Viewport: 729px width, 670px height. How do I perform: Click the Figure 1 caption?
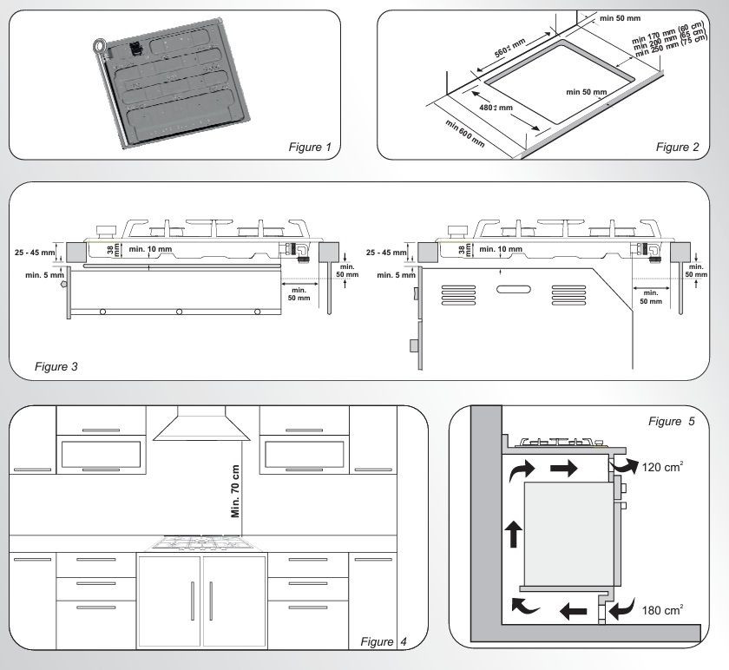[310, 147]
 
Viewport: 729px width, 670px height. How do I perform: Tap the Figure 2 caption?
[678, 147]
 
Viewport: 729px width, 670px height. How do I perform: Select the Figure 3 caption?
[56, 366]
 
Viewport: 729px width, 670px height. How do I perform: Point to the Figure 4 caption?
[384, 641]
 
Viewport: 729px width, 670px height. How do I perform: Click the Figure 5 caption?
[672, 421]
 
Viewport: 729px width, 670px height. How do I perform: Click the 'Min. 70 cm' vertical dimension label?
[235, 491]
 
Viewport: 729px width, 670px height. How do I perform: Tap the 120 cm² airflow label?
[662, 467]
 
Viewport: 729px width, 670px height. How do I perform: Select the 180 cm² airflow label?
[662, 610]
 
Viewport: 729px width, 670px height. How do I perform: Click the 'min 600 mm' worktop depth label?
[465, 134]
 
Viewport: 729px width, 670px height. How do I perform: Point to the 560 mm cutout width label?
[509, 48]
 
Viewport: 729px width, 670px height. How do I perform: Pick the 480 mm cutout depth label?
[496, 108]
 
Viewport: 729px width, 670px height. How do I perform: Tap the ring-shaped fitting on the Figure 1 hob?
[100, 46]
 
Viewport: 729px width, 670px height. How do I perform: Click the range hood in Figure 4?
[201, 424]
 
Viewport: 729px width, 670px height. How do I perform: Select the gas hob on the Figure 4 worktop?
[200, 543]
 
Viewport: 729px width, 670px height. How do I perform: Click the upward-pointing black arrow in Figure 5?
[513, 534]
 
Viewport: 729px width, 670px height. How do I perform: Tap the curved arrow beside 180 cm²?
[621, 608]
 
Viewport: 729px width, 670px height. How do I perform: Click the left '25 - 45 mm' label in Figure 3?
[35, 253]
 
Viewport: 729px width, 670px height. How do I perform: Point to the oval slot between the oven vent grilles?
[513, 289]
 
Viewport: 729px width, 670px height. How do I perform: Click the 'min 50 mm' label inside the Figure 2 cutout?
[587, 92]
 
